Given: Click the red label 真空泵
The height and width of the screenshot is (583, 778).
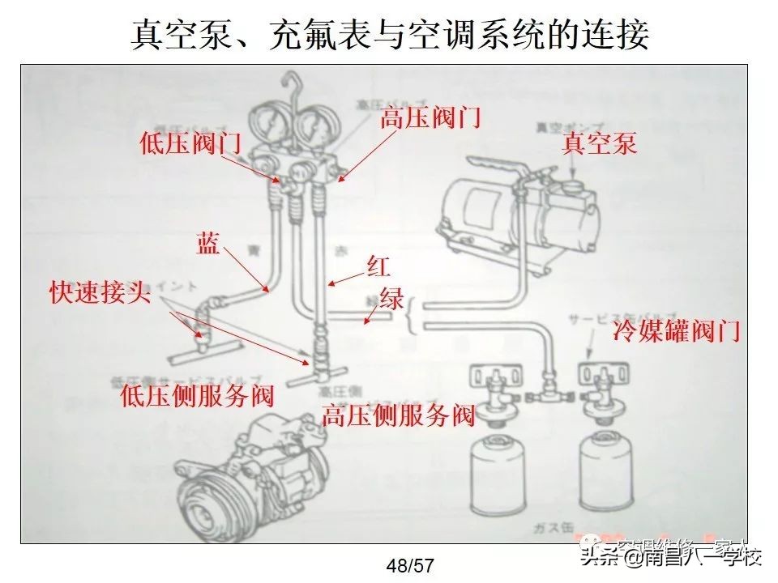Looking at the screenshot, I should point(600,143).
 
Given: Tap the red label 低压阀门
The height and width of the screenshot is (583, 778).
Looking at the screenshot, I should point(190,143).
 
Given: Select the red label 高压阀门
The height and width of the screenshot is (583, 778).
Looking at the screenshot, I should point(430,118).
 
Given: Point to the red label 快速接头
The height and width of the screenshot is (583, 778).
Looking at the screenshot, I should point(100,292).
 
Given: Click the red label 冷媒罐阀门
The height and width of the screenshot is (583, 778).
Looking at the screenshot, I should point(677,330).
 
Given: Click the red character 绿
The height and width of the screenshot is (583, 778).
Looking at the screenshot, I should point(391,298).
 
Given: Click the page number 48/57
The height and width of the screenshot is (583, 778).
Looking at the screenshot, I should point(410,565).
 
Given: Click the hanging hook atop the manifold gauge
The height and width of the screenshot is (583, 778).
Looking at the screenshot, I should point(291,83).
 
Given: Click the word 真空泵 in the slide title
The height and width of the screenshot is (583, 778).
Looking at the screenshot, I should point(175,36).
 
